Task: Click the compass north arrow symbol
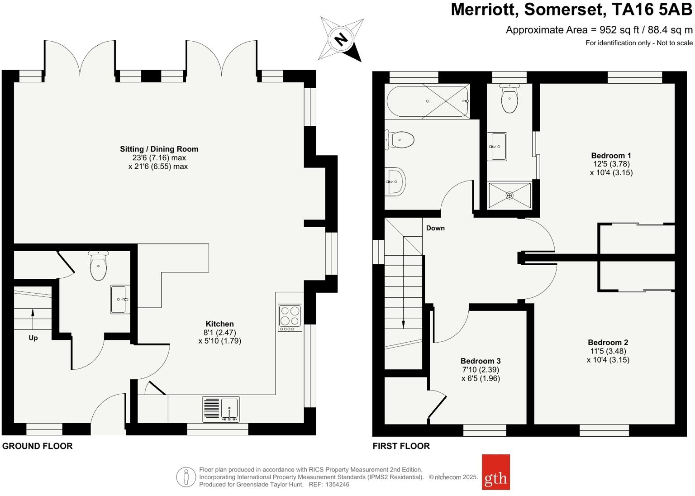(x=342, y=39)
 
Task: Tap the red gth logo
(x=495, y=472)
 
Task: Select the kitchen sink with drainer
(x=221, y=409)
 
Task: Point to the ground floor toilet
(x=98, y=267)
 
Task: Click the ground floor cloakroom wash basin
(x=120, y=299)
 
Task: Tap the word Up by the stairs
(x=33, y=338)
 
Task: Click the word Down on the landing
(x=435, y=228)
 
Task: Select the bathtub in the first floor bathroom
(x=427, y=101)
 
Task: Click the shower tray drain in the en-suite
(x=509, y=196)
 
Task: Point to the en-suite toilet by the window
(x=509, y=99)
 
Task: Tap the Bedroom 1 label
(x=611, y=156)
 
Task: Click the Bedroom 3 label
(x=481, y=361)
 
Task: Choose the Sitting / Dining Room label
(x=159, y=149)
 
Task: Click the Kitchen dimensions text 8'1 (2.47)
(x=219, y=332)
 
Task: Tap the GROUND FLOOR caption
(x=38, y=446)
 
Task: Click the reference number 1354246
(x=337, y=484)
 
